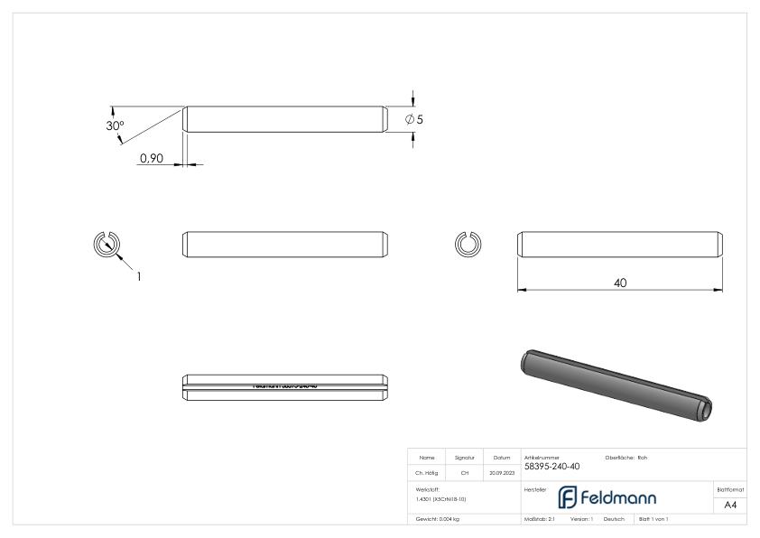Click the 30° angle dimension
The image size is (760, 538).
tap(115, 125)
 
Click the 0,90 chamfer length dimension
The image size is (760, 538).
tap(151, 158)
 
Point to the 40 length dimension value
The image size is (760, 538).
tap(620, 283)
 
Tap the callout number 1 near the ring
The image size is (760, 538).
tap(139, 277)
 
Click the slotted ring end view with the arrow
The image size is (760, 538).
tap(107, 245)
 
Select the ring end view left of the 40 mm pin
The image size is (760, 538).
tap(468, 244)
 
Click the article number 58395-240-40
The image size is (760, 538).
tap(552, 467)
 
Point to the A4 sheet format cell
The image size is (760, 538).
tap(732, 506)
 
